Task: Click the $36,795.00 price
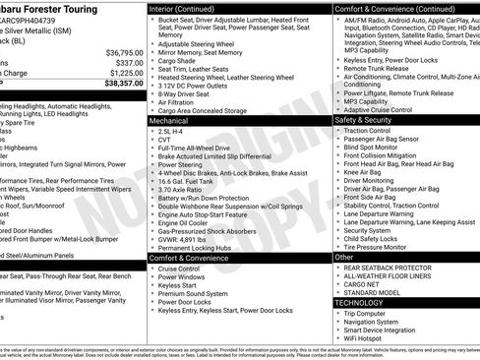pos(118,52)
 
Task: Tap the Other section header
pos(344,257)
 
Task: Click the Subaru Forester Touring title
pos(64,9)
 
